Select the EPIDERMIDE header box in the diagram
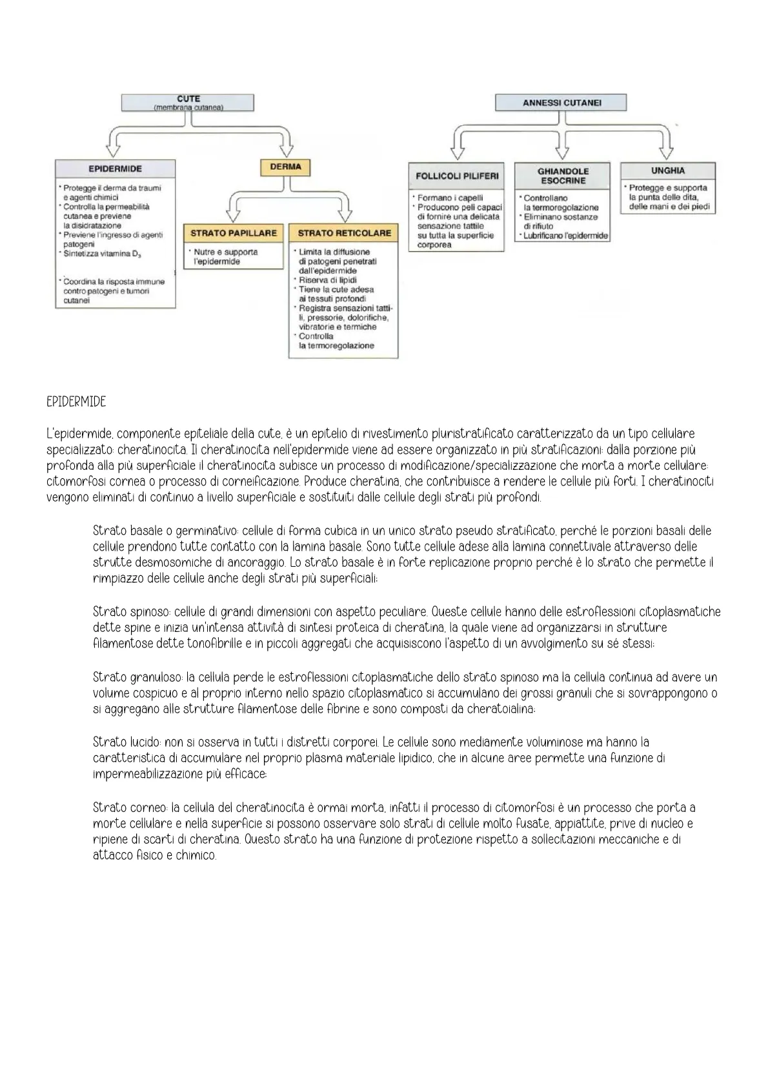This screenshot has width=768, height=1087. pyautogui.click(x=115, y=168)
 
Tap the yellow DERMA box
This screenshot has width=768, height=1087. pyautogui.click(x=285, y=167)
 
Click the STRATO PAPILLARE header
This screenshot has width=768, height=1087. pyautogui.click(x=234, y=233)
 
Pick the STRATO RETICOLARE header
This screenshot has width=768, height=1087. pyautogui.click(x=344, y=233)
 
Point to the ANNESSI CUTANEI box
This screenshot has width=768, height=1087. pyautogui.click(x=561, y=103)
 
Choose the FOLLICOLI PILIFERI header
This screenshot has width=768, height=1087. pyautogui.click(x=457, y=176)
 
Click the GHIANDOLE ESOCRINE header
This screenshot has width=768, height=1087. pyautogui.click(x=563, y=176)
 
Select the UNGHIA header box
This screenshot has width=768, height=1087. pyautogui.click(x=667, y=171)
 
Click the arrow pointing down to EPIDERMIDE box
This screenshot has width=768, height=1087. pyautogui.click(x=114, y=148)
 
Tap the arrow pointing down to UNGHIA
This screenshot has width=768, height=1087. pyautogui.click(x=672, y=149)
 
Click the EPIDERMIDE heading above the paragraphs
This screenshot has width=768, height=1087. pyautogui.click(x=76, y=402)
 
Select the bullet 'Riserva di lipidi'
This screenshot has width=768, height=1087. pyautogui.click(x=327, y=280)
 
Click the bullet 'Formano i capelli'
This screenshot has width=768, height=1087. pyautogui.click(x=450, y=198)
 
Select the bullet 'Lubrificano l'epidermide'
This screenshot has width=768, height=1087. pyautogui.click(x=565, y=236)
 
